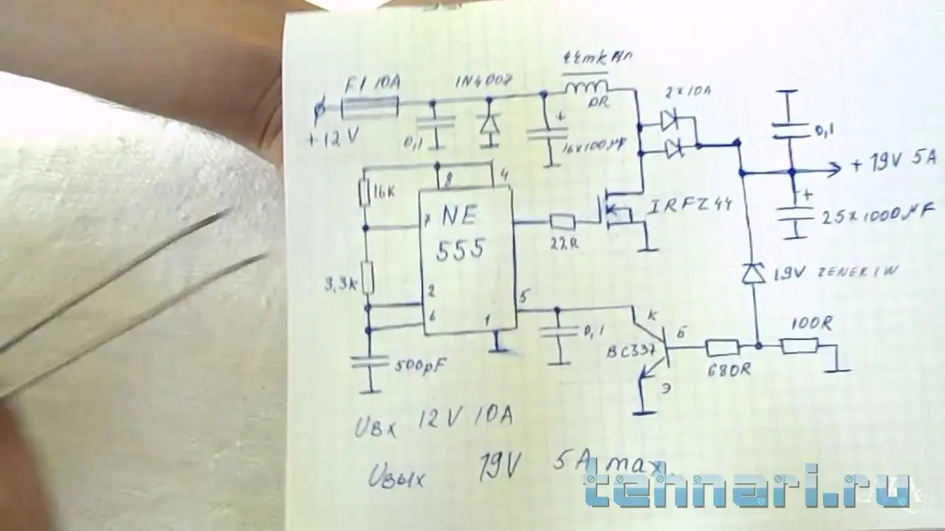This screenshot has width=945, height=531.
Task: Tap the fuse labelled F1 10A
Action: click(369, 108)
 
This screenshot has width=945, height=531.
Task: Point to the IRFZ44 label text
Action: click(690, 205)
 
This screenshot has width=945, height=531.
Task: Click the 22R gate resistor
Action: click(563, 221)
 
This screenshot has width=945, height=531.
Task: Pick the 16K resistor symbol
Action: click(365, 193)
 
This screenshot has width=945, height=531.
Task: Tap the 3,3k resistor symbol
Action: click(368, 279)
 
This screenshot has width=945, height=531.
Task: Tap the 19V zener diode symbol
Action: click(753, 274)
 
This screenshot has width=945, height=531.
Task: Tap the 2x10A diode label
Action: click(687, 92)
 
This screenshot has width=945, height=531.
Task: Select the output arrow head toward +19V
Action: click(834, 170)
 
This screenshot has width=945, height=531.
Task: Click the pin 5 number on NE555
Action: click(523, 297)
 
